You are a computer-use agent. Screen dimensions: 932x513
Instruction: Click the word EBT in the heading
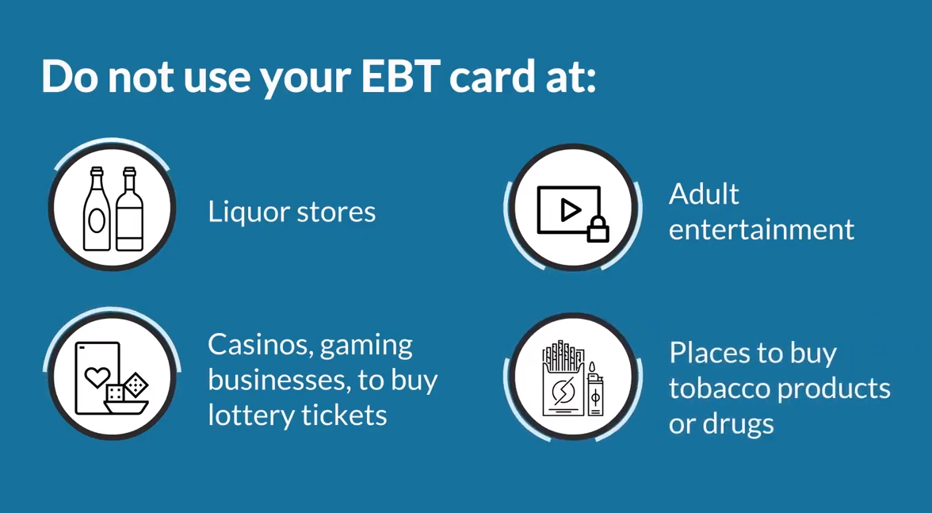401,77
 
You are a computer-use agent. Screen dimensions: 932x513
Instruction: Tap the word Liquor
247,212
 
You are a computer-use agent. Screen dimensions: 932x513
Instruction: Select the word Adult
704,193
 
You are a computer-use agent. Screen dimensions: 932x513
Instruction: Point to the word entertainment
762,229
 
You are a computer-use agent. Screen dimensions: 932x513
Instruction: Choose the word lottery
250,415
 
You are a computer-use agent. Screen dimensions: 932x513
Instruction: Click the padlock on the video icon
598,229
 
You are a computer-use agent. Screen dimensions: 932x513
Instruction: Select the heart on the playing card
97,376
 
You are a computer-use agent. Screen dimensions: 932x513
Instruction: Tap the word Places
707,353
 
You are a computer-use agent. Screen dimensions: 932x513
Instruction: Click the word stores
336,212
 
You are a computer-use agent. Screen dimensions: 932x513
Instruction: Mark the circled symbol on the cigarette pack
562,391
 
